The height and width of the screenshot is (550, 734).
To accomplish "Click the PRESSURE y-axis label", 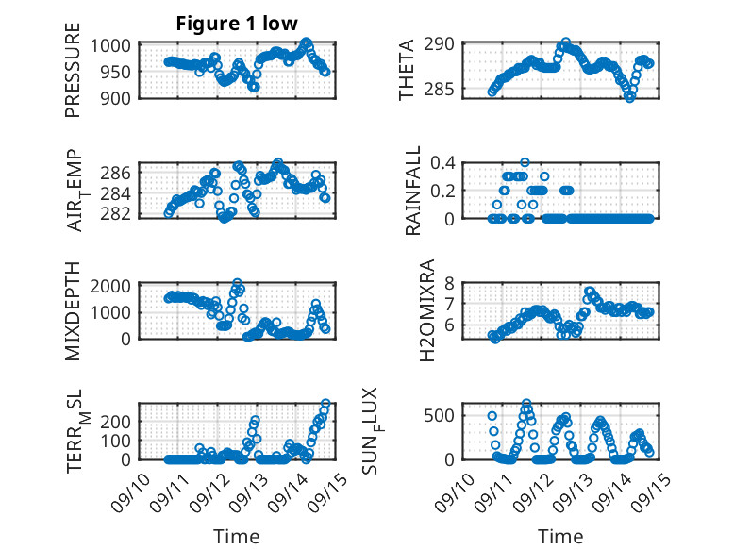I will click(x=73, y=71).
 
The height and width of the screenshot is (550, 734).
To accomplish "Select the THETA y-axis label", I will click(x=407, y=71).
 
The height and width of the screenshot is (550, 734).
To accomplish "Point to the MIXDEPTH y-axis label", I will click(x=73, y=310).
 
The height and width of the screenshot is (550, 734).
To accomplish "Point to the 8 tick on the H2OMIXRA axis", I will click(x=451, y=283).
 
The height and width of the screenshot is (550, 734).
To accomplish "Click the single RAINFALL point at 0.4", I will click(x=525, y=162).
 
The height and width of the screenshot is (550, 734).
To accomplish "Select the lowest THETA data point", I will click(x=630, y=97).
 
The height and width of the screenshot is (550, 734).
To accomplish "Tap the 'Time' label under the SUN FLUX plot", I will click(x=560, y=537).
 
